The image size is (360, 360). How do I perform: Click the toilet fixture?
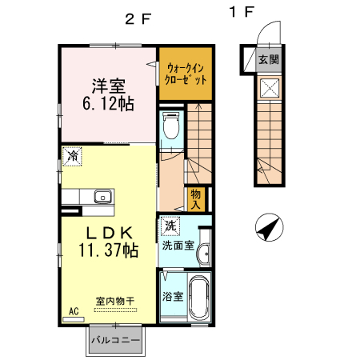(x=170, y=125)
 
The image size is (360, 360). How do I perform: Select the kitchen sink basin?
(x=102, y=197)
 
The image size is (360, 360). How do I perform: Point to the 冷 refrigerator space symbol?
(x=72, y=157)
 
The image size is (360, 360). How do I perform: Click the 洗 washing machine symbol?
(x=170, y=226)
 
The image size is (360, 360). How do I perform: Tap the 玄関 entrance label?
(x=269, y=59)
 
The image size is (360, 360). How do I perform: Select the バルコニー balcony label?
(x=115, y=340)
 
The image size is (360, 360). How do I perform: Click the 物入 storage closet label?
(x=195, y=199)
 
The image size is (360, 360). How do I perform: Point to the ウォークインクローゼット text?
(x=186, y=74)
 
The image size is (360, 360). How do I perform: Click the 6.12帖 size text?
(x=108, y=104)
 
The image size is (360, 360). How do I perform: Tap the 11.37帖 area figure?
(x=108, y=250)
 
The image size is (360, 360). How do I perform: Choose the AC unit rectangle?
(x=74, y=319)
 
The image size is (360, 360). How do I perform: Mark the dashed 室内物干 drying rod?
(x=115, y=310)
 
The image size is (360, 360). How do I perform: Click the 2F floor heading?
(x=138, y=19)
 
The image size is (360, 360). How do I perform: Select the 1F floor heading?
(x=241, y=12)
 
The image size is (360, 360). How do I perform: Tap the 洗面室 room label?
(x=178, y=246)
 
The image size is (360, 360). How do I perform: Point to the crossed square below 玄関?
(x=270, y=88)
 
